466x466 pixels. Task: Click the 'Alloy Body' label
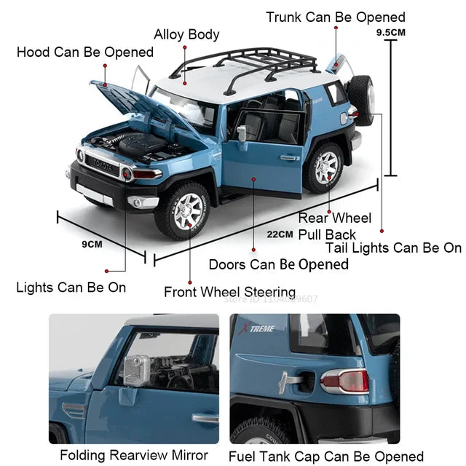click(x=186, y=34)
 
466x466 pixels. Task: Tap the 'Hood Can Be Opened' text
click(x=85, y=52)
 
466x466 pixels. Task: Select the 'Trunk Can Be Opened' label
click(x=336, y=17)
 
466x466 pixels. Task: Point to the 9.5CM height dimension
click(x=391, y=33)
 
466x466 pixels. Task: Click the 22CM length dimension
click(x=280, y=234)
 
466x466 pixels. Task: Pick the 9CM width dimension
click(x=92, y=244)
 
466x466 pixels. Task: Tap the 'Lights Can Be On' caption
click(x=71, y=287)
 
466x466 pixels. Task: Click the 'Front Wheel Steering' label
click(x=229, y=292)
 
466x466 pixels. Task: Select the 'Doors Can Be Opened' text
click(x=279, y=264)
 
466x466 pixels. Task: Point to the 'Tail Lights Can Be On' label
click(x=393, y=248)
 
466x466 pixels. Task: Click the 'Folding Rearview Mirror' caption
click(x=133, y=456)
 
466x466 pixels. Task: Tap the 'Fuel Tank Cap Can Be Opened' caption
click(x=325, y=457)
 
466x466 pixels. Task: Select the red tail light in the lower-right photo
click(x=345, y=381)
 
